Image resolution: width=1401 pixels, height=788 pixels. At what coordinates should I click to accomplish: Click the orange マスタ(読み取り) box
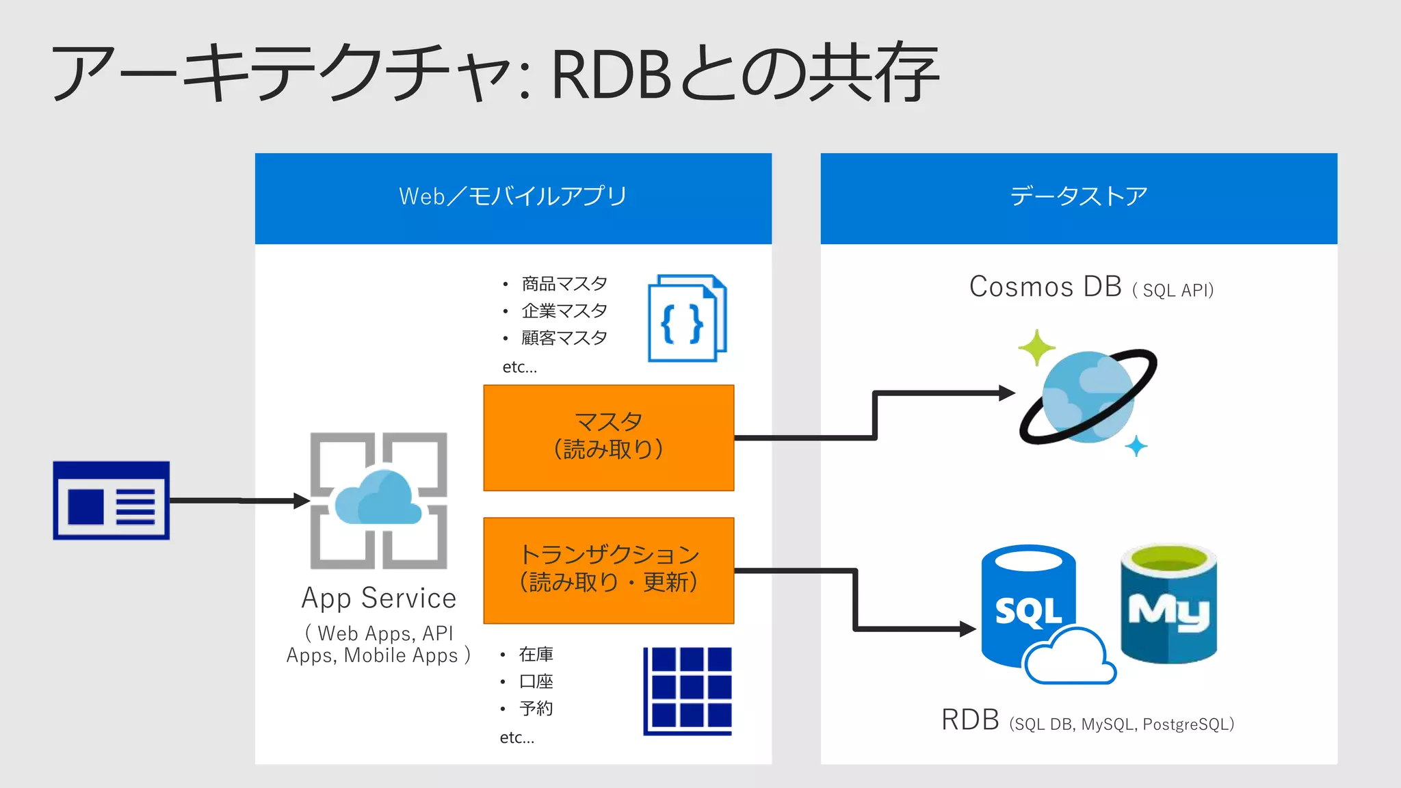pos(608,438)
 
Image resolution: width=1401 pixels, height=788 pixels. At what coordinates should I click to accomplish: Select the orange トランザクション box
pos(608,570)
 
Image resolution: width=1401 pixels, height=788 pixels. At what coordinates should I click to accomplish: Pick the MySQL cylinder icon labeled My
pos(1168,604)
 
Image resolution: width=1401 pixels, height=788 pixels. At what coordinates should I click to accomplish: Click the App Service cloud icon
pos(378,501)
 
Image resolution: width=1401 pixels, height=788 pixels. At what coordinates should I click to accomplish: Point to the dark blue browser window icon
pos(112,501)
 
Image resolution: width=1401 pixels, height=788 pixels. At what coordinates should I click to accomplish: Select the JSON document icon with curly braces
pos(687,318)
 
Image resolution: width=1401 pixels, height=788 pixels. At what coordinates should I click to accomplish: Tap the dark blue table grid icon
pos(688,691)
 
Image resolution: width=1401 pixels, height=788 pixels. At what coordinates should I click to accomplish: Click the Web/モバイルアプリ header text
pos(513,196)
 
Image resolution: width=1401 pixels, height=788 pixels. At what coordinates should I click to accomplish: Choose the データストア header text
pos(1079,196)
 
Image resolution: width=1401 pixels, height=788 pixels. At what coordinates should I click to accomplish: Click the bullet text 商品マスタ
pos(564,284)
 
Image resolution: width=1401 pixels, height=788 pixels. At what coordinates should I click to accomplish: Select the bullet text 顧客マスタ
pos(564,338)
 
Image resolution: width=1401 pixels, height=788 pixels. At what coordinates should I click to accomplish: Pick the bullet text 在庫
pos(536,655)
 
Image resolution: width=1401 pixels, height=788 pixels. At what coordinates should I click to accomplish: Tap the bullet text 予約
pos(536,709)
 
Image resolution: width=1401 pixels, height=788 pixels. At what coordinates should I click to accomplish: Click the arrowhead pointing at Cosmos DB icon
pos(1008,393)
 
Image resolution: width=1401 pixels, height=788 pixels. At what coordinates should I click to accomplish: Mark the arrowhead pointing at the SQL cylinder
pos(968,629)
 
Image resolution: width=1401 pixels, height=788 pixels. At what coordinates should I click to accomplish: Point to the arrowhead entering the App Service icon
pos(302,501)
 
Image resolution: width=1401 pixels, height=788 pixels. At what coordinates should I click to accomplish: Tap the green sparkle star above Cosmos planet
pos(1036,347)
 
